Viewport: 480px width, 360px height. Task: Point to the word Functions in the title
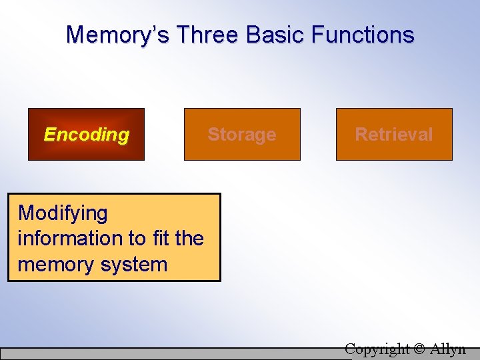pos(363,35)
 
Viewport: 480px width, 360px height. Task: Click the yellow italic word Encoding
pos(86,134)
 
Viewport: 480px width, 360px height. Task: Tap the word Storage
pos(242,134)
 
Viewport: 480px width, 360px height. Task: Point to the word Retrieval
pos(394,134)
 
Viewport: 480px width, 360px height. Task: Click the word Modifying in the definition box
pos(63,213)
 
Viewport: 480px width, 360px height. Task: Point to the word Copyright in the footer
pos(378,349)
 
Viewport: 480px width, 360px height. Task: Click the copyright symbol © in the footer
pos(419,349)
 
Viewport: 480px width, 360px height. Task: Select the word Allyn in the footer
pos(448,349)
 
